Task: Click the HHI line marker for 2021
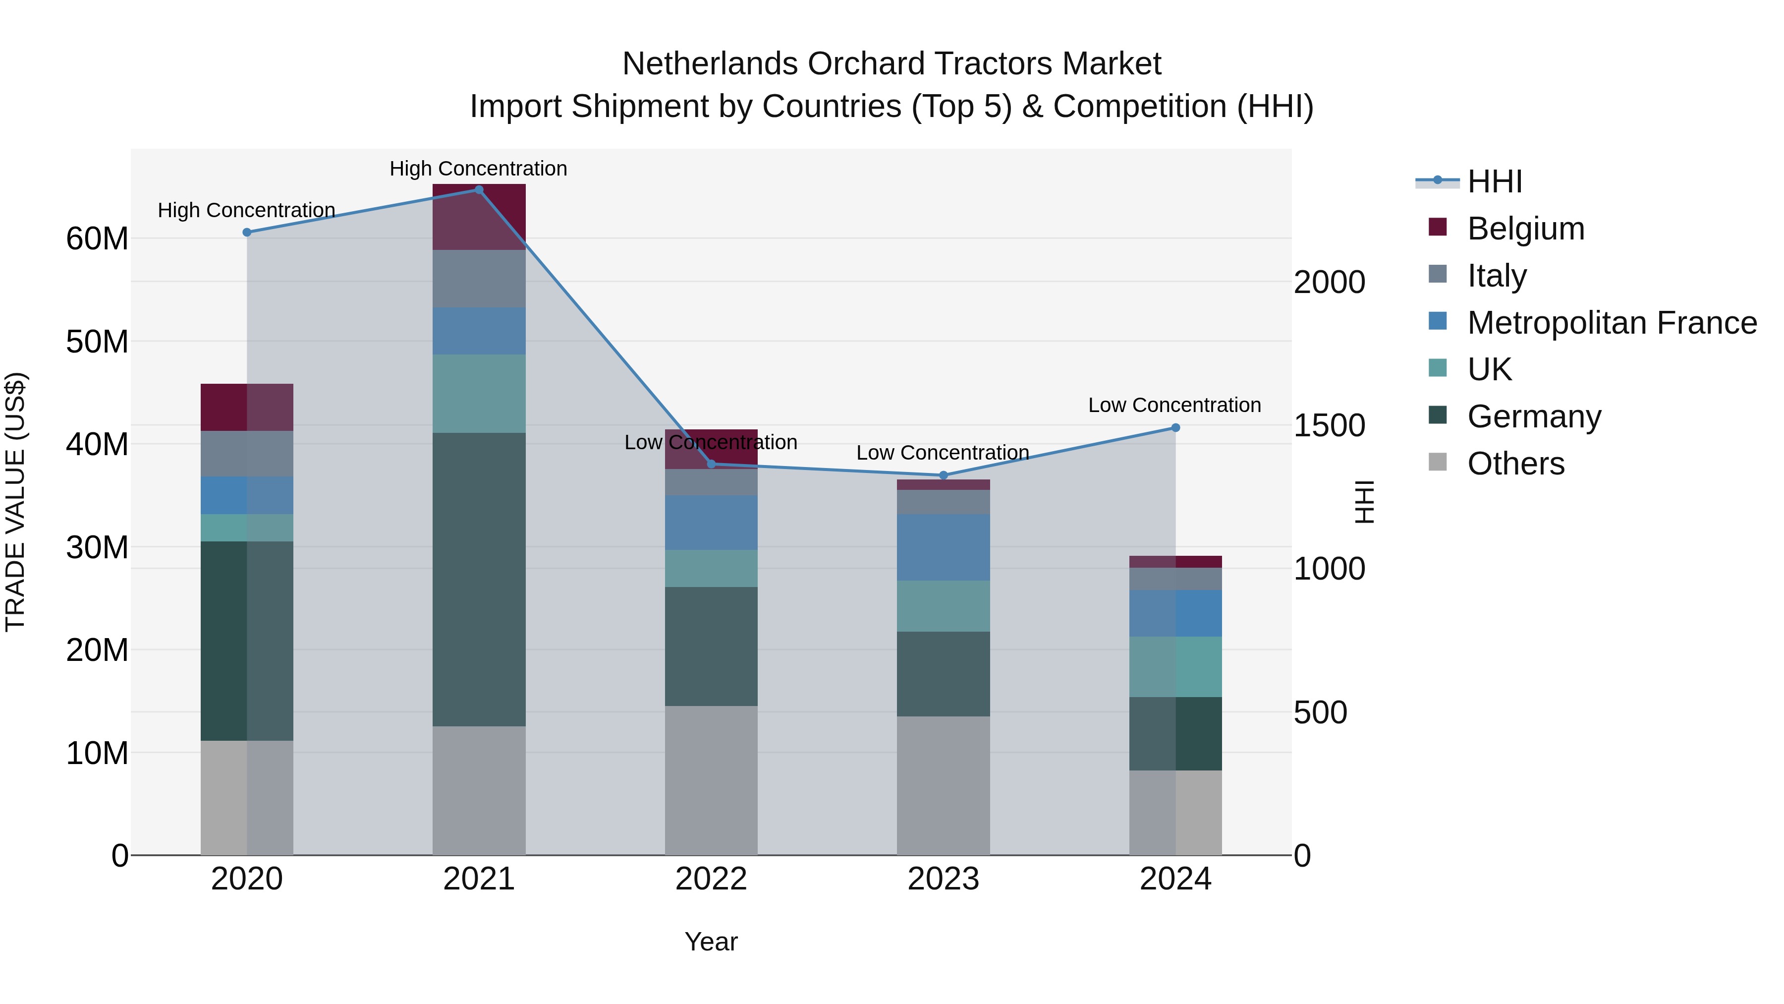479,190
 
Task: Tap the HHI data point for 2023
943,475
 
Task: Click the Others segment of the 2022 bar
711,780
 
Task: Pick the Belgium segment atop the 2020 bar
247,408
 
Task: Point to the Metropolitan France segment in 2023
943,547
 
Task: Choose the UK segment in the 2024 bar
1175,666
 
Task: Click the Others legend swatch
1438,462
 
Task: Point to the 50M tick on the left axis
97,342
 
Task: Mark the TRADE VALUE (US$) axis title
15,502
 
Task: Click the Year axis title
711,942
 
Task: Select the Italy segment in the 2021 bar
479,279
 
